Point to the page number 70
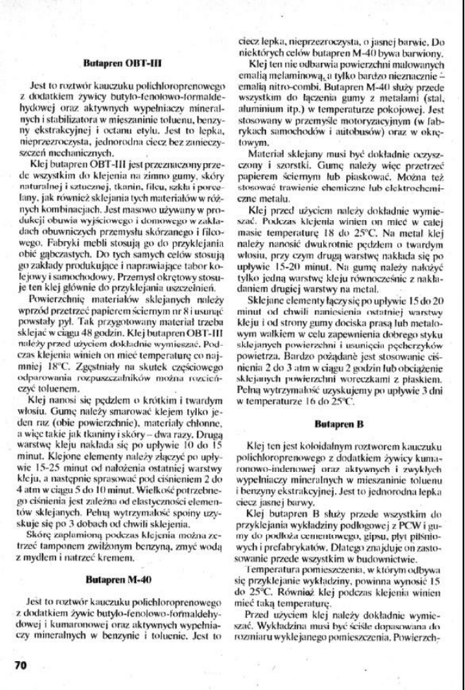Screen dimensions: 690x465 (20, 664)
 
